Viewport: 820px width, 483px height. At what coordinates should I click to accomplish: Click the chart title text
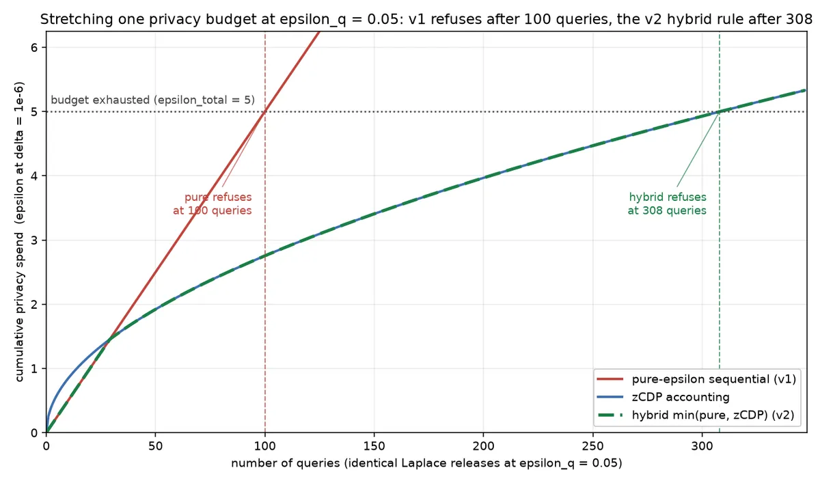pyautogui.click(x=426, y=19)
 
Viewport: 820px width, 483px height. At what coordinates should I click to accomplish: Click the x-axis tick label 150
pyautogui.click(x=374, y=446)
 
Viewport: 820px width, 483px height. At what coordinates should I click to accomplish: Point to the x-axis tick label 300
pyautogui.click(x=702, y=446)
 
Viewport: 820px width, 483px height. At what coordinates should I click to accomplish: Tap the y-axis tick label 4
pyautogui.click(x=34, y=176)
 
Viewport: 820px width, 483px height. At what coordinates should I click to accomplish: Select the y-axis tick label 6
pyautogui.click(x=34, y=48)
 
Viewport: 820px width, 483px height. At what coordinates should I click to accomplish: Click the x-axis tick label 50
pyautogui.click(x=155, y=446)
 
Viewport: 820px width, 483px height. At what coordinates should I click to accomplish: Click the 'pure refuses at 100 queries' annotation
pyautogui.click(x=213, y=204)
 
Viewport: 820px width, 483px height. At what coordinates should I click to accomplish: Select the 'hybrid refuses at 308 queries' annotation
pyautogui.click(x=667, y=204)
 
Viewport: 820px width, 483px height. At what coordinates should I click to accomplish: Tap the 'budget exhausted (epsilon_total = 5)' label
pyautogui.click(x=152, y=100)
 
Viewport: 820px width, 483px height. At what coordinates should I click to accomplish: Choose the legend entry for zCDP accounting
pyautogui.click(x=663, y=397)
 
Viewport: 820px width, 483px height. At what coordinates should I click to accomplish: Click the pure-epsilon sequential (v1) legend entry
pyautogui.click(x=696, y=379)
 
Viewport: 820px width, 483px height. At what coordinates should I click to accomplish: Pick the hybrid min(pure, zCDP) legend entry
pyautogui.click(x=696, y=415)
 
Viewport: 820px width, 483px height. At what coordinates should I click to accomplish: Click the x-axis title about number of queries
pyautogui.click(x=426, y=463)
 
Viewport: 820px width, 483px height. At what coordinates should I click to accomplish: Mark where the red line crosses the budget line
pyautogui.click(x=264, y=111)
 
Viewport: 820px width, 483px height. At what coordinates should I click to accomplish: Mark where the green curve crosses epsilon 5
pyautogui.click(x=719, y=111)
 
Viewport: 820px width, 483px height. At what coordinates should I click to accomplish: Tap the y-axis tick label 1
pyautogui.click(x=34, y=368)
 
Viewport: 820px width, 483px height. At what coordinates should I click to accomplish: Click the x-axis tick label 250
pyautogui.click(x=592, y=446)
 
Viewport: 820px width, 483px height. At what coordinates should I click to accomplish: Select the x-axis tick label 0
pyautogui.click(x=46, y=446)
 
